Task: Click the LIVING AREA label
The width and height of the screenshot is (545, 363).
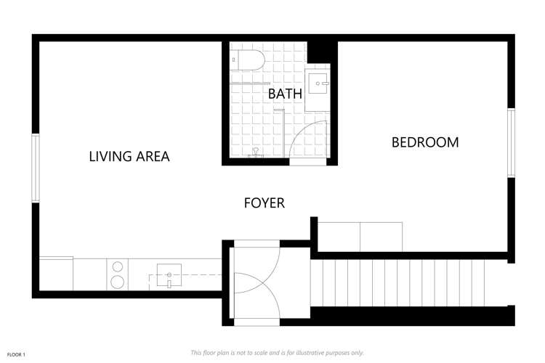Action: (x=129, y=156)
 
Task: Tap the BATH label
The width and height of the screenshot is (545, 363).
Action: (x=285, y=94)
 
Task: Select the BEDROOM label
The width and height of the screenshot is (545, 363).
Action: (x=425, y=142)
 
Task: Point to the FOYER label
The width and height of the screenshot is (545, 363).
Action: (x=265, y=203)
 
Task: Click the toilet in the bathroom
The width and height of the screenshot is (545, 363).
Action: (x=248, y=60)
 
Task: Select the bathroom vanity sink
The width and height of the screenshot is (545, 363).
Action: (x=317, y=83)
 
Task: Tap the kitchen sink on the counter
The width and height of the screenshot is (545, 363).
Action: (x=169, y=274)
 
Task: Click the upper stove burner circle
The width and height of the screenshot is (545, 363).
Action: (x=118, y=266)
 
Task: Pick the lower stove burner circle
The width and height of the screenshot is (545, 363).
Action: (x=118, y=282)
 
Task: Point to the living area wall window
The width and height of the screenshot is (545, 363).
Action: (x=36, y=168)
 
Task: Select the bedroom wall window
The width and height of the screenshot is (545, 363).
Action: (x=511, y=143)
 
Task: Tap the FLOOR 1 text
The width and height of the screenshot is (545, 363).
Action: (x=16, y=355)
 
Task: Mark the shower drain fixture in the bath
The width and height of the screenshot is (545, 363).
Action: (x=256, y=152)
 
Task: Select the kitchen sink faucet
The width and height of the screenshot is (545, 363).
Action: (x=169, y=280)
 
